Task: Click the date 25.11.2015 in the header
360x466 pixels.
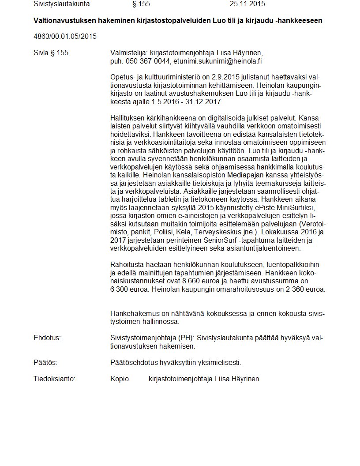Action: pos(247,4)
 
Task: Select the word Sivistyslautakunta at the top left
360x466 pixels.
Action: pos(61,4)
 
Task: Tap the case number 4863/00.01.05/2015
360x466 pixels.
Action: pos(65,36)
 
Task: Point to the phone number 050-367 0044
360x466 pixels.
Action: pos(148,61)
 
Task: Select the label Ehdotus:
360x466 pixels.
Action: pos(47,338)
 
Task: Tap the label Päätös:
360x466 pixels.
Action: pos(45,363)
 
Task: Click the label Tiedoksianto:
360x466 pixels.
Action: pos(54,379)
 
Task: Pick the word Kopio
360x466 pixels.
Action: pos(120,379)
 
